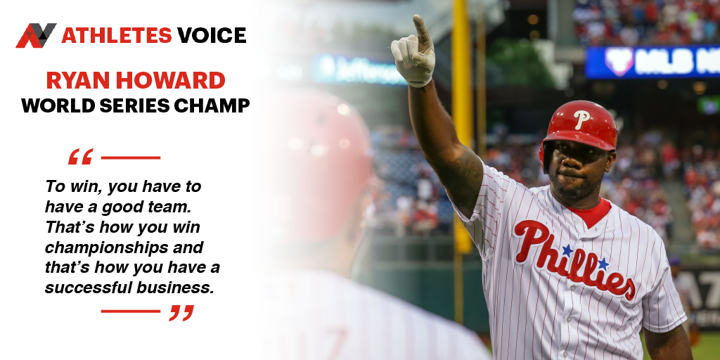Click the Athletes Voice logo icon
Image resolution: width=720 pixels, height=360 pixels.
pos(37,35)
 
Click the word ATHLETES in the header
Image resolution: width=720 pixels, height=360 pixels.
pos(117,35)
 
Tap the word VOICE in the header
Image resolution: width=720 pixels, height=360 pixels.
pos(212,35)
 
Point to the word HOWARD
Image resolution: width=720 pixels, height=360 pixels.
pos(170,80)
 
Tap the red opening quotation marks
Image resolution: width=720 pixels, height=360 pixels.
pos(80,157)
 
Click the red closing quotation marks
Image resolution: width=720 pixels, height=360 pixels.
pos(181,313)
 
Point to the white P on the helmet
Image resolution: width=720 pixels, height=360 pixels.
pos(581,119)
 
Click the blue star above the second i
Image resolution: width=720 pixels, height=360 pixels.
pos(603,264)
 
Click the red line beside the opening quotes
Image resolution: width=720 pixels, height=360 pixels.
pos(130,157)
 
